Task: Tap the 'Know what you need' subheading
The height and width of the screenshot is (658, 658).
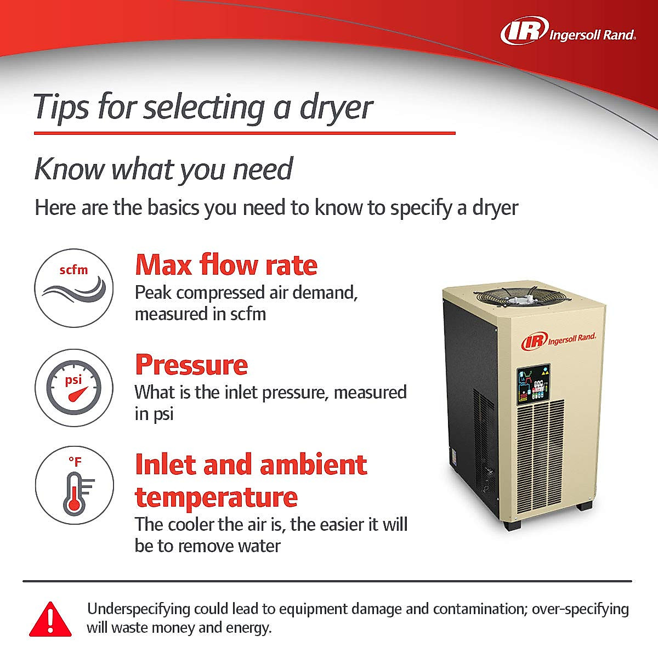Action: (x=163, y=169)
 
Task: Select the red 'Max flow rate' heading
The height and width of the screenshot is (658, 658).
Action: (x=226, y=265)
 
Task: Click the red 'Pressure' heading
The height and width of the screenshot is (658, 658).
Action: (x=191, y=364)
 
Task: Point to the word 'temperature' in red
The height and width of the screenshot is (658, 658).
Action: (x=217, y=497)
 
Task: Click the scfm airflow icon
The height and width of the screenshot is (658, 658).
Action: (x=74, y=288)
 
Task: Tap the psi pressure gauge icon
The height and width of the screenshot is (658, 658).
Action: (x=74, y=388)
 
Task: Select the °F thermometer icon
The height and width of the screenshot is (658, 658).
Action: (x=75, y=485)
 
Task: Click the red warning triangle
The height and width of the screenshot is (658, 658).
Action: (x=50, y=620)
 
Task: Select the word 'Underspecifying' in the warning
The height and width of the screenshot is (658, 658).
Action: (x=139, y=610)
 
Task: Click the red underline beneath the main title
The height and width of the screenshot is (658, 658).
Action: (x=245, y=133)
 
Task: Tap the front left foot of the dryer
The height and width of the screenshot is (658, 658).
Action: (x=512, y=525)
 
